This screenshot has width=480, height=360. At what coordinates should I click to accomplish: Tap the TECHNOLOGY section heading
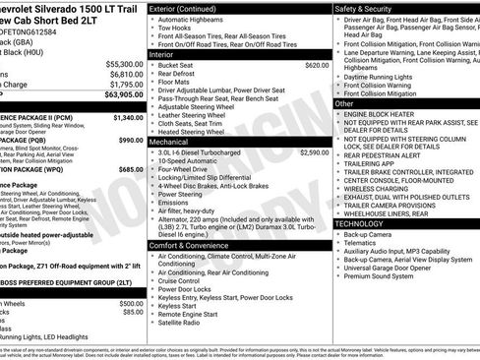pos(360,223)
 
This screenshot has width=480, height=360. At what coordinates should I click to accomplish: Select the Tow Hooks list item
pos(176,30)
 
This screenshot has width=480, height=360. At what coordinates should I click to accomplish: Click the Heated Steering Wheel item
pos(195,132)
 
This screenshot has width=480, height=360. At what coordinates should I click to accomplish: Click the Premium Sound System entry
pos(383,276)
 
